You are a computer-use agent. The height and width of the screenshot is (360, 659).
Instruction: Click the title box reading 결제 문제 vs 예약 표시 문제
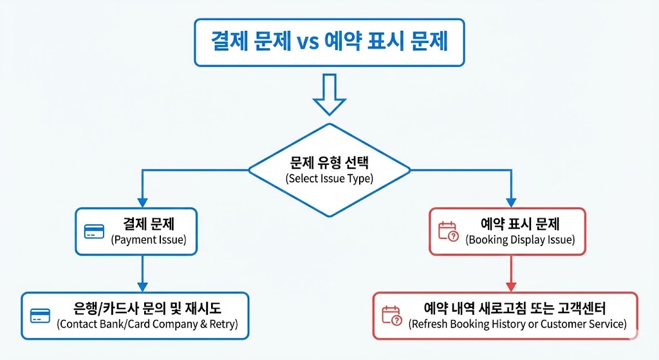pos(329,43)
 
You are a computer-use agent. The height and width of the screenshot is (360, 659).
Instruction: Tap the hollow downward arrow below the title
pos(329,95)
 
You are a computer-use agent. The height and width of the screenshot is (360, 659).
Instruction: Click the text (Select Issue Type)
pos(329,179)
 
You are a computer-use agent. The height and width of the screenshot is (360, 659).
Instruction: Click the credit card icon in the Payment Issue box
pos(94,232)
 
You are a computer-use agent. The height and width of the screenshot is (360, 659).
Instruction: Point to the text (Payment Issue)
pos(149,240)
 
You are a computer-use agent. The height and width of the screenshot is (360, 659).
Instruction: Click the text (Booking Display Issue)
pos(520,240)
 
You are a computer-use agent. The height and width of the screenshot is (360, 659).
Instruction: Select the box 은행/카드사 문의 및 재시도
pos(135,316)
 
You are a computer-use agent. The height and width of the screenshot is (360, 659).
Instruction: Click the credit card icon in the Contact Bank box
pos(40,316)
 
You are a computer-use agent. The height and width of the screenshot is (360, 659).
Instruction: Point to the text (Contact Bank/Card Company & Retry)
pos(147,324)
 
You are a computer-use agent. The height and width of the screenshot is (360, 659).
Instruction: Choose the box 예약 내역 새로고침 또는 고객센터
pos(505,316)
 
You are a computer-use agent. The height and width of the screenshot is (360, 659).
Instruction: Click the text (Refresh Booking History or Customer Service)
pos(517,324)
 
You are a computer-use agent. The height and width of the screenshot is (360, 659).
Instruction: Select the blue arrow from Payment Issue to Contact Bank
pos(142,274)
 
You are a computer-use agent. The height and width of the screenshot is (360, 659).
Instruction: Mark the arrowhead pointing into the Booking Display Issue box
pos(512,201)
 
